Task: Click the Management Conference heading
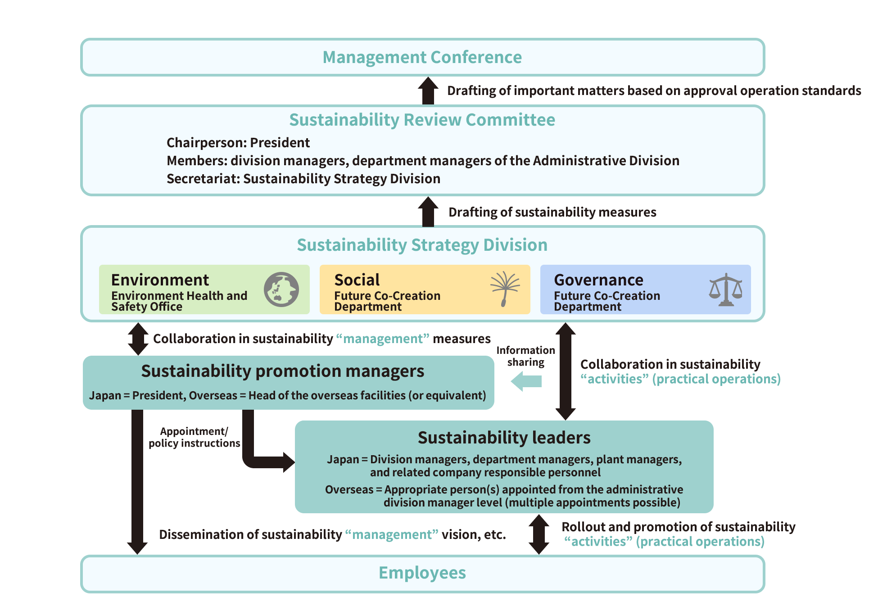422,58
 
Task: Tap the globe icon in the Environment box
281,289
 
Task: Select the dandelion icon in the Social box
505,289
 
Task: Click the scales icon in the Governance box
725,289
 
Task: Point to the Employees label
422,573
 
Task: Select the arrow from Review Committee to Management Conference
428,90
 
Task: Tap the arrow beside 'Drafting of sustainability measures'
428,212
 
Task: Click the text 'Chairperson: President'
238,143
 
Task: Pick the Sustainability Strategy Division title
422,245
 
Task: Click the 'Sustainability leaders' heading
504,438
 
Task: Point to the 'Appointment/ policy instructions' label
194,437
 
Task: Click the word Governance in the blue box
598,280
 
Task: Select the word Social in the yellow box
357,280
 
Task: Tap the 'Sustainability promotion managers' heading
282,371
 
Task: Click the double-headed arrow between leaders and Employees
539,534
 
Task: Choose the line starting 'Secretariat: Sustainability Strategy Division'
303,179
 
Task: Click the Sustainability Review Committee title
422,120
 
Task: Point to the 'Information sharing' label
525,356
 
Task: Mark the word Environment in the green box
160,280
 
